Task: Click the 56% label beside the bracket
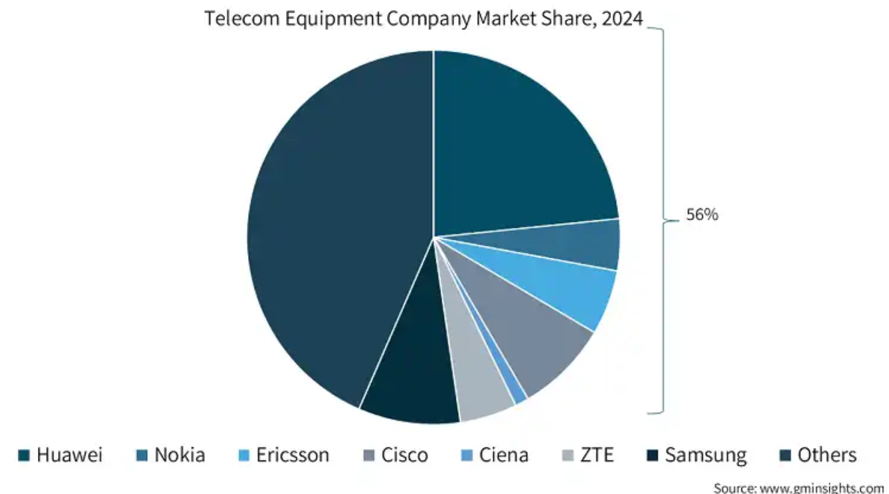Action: pos(702,215)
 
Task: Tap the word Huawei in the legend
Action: pos(69,455)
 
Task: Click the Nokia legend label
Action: pos(180,455)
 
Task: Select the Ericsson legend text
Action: pos(292,455)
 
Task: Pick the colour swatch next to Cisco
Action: pos(369,455)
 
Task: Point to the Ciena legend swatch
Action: pos(467,455)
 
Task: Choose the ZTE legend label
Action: pos(597,455)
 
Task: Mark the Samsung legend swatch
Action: pos(652,455)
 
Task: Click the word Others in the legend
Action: pos(827,455)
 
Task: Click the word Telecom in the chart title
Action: pos(242,18)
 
